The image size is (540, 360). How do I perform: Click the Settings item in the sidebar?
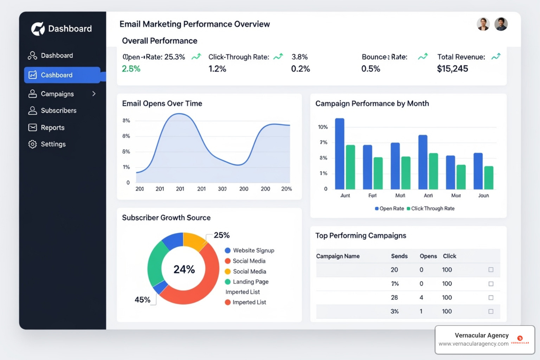(x=53, y=144)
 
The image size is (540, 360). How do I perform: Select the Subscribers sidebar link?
(x=58, y=111)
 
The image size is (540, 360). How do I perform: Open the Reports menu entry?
(x=52, y=128)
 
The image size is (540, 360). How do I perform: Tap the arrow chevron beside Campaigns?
(x=94, y=94)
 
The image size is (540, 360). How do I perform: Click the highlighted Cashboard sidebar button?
(x=62, y=75)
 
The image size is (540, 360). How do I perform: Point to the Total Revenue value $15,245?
(x=452, y=69)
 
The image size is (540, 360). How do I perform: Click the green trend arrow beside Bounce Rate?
(x=423, y=57)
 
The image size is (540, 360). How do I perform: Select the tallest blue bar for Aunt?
(x=340, y=154)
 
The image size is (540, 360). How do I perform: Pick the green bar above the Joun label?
(x=489, y=178)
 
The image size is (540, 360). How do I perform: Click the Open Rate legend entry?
(x=390, y=208)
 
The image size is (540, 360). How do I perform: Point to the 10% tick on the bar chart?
(x=323, y=127)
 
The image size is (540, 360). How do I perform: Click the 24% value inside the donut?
(x=184, y=269)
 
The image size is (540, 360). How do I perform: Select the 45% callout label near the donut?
(x=142, y=300)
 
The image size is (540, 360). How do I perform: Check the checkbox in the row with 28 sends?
(x=491, y=297)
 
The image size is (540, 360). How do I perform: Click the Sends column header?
(x=399, y=256)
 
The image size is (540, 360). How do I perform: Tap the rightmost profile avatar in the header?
(x=501, y=24)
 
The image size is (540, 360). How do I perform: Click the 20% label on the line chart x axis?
(x=287, y=189)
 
